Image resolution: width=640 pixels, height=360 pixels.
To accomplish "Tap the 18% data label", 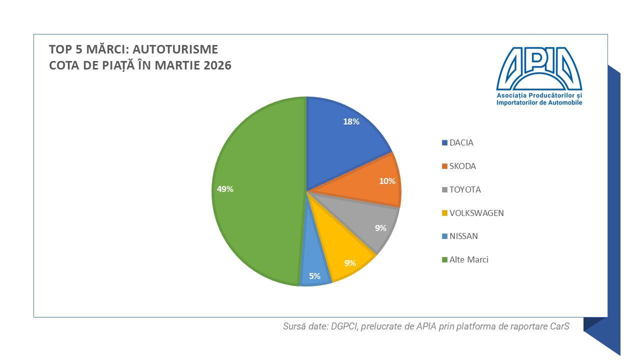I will (351, 121).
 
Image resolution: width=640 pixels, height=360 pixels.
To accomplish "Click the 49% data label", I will (225, 189).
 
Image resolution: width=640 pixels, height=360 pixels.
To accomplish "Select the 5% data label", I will (314, 275).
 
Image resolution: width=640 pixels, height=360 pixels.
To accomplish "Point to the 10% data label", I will (387, 181).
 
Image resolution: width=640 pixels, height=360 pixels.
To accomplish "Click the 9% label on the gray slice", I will (380, 228).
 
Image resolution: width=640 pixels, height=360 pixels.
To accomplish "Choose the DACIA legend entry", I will (461, 142).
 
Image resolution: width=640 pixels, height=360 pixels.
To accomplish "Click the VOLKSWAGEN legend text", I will (476, 213).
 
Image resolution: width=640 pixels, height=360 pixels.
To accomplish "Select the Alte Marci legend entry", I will (468, 259).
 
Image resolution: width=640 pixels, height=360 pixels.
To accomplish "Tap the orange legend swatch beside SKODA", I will (444, 166).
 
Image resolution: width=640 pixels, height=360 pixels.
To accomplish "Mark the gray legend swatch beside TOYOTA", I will (444, 190).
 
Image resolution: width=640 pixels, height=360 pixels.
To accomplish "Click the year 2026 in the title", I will (217, 65).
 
